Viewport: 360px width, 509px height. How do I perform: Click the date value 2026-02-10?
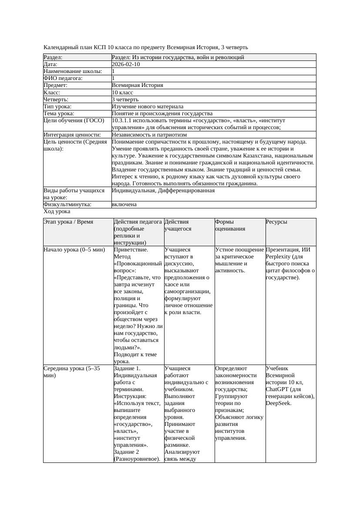(x=126, y=64)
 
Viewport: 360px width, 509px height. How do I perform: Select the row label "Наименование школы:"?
(x=73, y=71)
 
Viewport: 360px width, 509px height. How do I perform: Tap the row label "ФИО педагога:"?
(x=63, y=78)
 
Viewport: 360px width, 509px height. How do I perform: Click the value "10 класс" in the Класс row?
(x=122, y=93)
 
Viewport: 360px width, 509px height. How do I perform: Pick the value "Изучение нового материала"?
(x=148, y=107)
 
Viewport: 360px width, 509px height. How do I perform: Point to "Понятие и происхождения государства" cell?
(x=162, y=114)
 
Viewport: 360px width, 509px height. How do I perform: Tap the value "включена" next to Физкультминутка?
(x=124, y=204)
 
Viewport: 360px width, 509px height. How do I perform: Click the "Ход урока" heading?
(x=57, y=211)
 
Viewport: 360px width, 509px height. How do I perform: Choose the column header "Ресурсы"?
(x=276, y=222)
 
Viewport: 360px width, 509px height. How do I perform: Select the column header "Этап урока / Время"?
(x=68, y=222)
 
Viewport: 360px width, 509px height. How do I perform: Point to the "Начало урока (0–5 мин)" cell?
(x=74, y=250)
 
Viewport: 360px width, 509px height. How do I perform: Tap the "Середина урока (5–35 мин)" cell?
(x=72, y=372)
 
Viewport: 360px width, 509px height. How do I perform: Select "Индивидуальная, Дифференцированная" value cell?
(x=163, y=191)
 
